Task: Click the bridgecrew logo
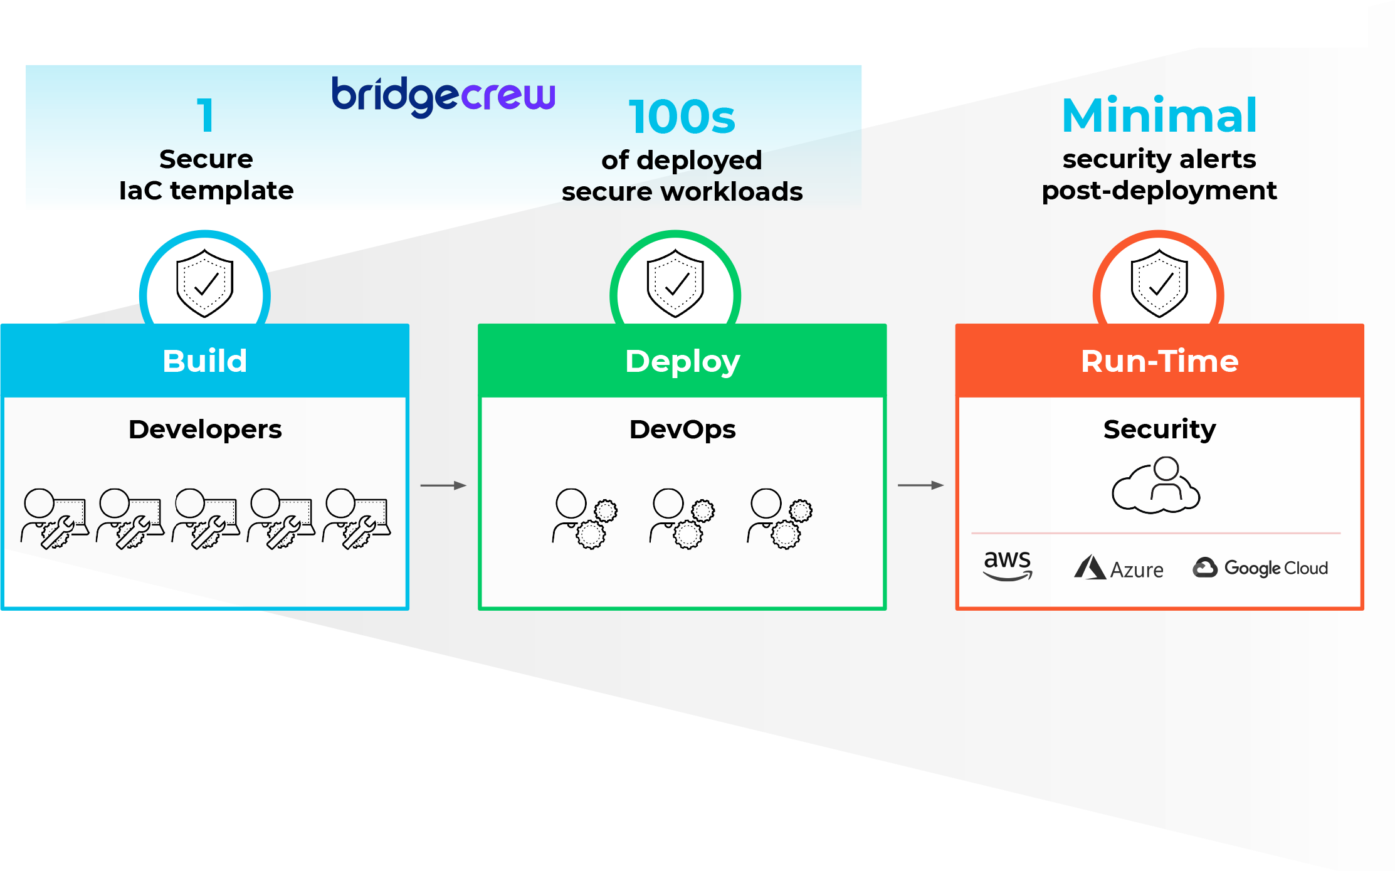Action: [443, 96]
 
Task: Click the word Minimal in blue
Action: [1159, 116]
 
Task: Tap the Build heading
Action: [204, 361]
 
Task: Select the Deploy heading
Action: [682, 361]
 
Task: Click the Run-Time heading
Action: [1159, 361]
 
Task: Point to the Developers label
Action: [205, 430]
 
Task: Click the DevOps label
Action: [682, 430]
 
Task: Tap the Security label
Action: [1159, 430]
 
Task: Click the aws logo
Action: [1008, 564]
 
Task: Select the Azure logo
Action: [1119, 568]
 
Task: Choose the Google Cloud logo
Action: [1260, 568]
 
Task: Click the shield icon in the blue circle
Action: [205, 283]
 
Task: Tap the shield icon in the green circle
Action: [675, 283]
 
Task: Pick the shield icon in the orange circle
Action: [1159, 283]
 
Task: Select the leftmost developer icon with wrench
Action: [54, 519]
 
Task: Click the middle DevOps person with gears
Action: [682, 519]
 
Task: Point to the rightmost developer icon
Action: [356, 519]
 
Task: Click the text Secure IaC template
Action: [206, 175]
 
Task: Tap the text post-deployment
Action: [1159, 191]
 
